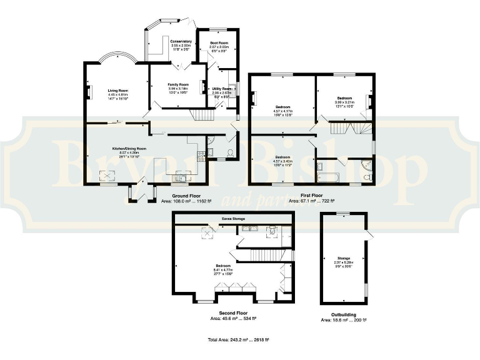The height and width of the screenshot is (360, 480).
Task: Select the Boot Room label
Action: click(x=217, y=42)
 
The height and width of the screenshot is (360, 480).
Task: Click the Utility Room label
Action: click(x=222, y=89)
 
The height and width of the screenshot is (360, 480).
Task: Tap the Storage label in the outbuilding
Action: click(x=343, y=257)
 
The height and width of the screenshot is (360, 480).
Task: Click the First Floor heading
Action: click(x=311, y=196)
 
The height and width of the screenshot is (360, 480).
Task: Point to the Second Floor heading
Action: click(x=232, y=312)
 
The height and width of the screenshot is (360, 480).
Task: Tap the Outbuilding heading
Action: click(x=343, y=314)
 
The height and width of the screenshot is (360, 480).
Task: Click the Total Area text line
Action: click(x=239, y=340)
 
